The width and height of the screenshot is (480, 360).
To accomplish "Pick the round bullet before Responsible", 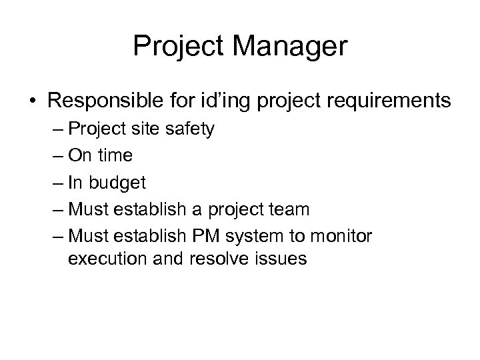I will pos(32,101).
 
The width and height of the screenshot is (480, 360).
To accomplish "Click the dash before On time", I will pos(55,156).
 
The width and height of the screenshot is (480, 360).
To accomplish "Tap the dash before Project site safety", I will pos(55,129).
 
